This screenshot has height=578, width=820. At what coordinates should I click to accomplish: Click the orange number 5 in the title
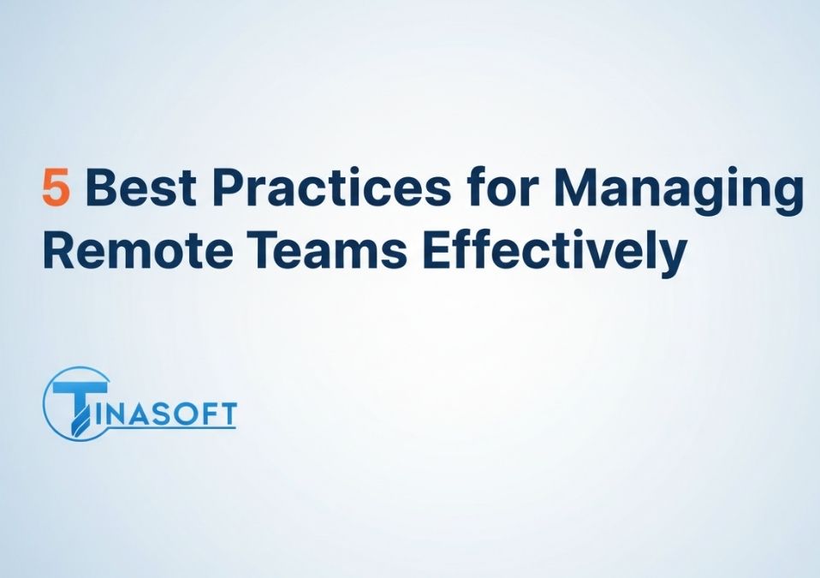[56, 188]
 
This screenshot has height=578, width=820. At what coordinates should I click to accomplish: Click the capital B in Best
[100, 188]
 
